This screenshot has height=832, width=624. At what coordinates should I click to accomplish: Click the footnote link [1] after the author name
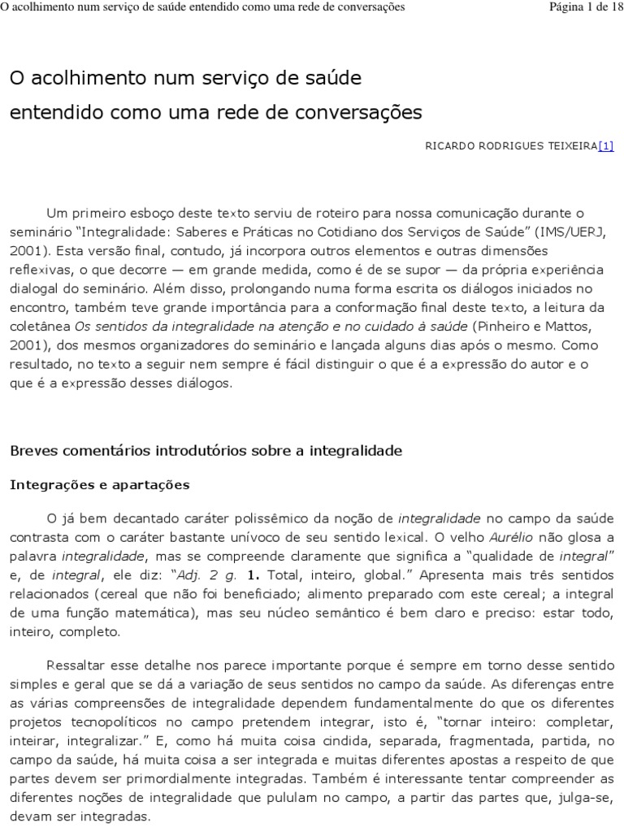point(605,146)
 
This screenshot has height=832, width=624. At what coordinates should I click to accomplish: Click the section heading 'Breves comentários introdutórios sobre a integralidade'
point(206,449)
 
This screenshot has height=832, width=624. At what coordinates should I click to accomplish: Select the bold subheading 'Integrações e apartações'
point(99,485)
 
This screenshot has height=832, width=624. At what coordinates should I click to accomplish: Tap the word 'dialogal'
point(37,288)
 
